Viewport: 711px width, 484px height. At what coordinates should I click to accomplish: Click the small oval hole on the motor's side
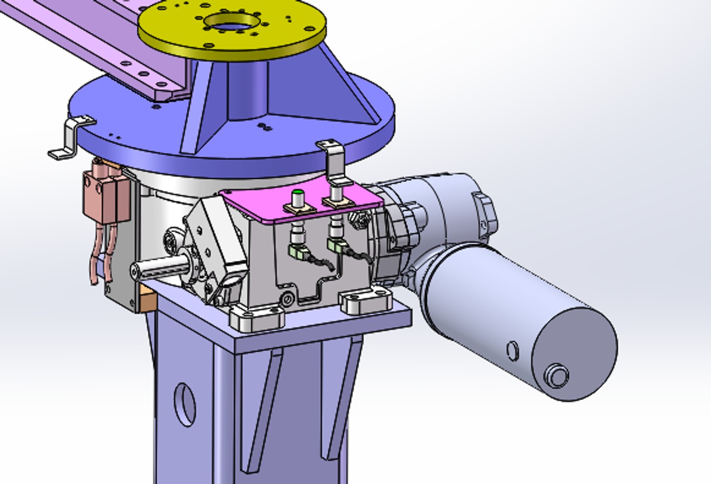[513, 350]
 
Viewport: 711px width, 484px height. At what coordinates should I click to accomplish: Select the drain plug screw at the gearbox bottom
[287, 298]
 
